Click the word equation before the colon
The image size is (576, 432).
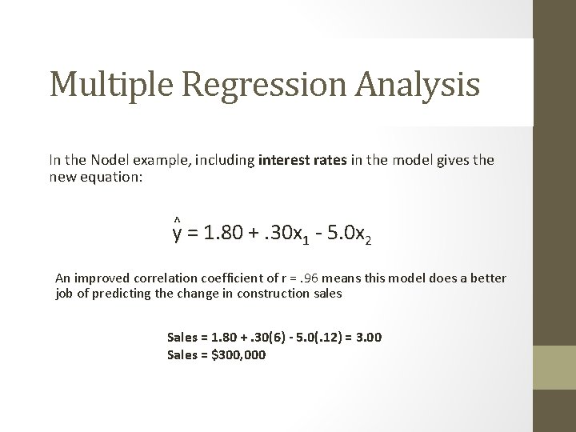tap(112, 176)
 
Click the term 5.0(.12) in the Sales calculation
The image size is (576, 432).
tap(316, 337)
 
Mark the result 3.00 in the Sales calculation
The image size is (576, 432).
tap(369, 337)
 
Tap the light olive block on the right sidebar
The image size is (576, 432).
tap(554, 367)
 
